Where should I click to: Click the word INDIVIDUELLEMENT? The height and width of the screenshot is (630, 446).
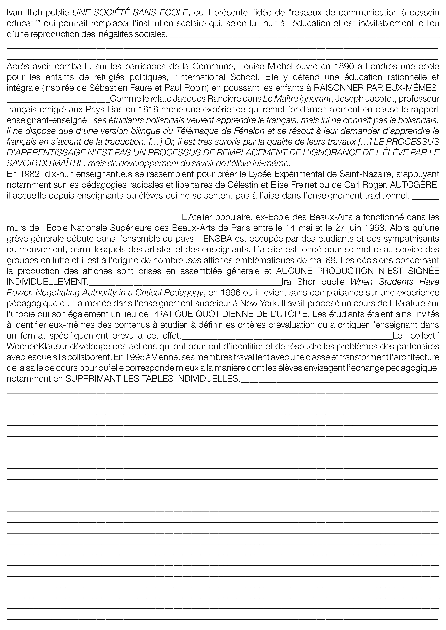pyautogui.click(x=47, y=282)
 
